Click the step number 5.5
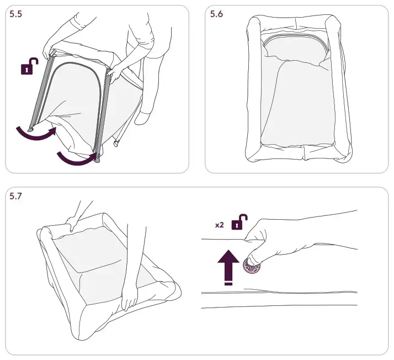tap(17, 14)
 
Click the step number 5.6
tap(217, 14)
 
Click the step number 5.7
tap(17, 197)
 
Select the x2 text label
tap(219, 225)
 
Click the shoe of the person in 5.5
tap(145, 118)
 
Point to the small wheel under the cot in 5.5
tap(116, 145)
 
